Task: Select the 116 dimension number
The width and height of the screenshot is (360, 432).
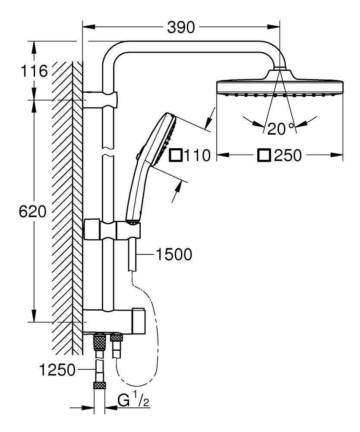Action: [x=33, y=70]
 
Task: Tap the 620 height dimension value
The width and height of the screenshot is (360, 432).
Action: [x=32, y=212]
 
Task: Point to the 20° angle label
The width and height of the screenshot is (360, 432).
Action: [x=281, y=128]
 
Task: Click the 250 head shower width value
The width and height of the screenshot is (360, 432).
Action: [x=287, y=155]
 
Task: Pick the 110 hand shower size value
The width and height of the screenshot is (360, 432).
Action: [x=196, y=155]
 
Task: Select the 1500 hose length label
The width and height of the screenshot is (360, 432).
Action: [x=173, y=255]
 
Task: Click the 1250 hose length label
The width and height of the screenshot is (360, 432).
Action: [x=57, y=370]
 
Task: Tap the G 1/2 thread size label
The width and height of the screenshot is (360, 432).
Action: [x=133, y=401]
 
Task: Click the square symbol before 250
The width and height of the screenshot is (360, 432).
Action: [x=264, y=155]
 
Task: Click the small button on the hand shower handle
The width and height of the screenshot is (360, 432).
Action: [x=137, y=156]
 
